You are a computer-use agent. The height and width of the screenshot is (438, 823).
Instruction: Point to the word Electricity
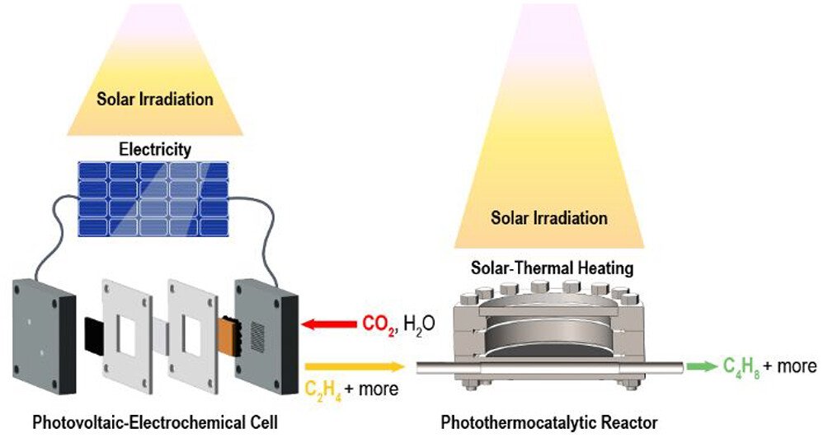tap(155, 149)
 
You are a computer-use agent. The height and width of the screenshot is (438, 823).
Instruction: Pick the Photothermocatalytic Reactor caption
tap(549, 423)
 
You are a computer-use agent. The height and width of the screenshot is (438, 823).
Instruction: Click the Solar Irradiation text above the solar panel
tap(155, 100)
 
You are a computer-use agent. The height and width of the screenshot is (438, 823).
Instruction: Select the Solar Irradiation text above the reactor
tap(549, 218)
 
